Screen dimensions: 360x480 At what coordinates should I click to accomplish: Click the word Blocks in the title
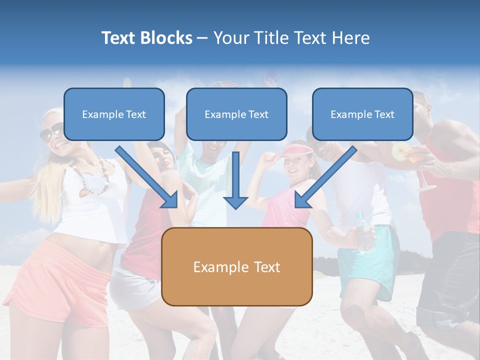tap(166, 38)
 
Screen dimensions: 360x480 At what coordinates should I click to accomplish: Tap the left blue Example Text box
tap(114, 114)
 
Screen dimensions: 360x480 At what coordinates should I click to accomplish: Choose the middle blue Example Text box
tap(236, 114)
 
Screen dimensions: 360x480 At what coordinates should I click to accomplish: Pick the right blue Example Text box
tap(362, 114)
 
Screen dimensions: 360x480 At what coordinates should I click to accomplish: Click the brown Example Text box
tap(236, 266)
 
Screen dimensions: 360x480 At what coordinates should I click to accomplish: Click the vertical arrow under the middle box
tap(235, 180)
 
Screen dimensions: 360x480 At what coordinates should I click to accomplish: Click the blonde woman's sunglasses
tap(51, 132)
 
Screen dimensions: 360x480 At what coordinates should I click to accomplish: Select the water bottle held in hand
tap(364, 232)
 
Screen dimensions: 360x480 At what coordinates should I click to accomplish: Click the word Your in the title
tap(230, 38)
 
